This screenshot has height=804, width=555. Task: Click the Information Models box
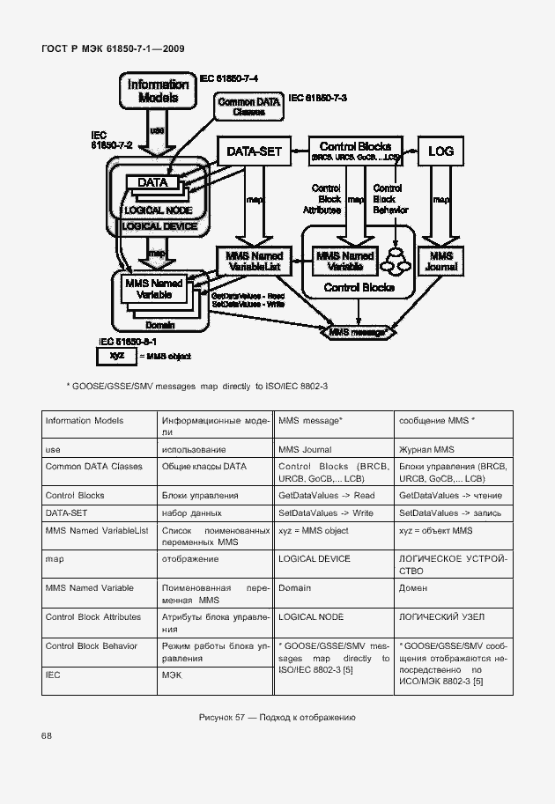[x=159, y=92]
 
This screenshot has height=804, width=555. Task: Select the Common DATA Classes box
[x=249, y=107]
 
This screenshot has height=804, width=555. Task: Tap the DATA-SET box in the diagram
[x=255, y=151]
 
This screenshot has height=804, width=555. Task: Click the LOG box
[x=440, y=151]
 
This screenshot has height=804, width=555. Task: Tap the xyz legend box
[x=117, y=356]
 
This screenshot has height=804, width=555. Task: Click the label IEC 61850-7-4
[x=229, y=79]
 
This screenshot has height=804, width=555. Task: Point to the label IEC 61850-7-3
[x=318, y=98]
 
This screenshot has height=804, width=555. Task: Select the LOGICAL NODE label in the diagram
[x=159, y=210]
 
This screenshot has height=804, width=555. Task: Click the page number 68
[x=46, y=735]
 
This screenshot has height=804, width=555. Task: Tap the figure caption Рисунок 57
[x=277, y=717]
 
